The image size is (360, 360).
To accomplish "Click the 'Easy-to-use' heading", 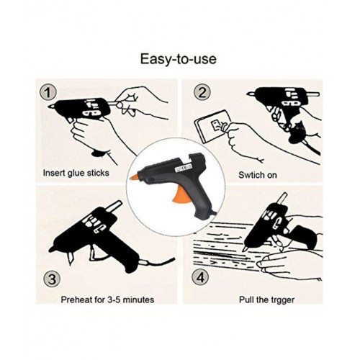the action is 178,59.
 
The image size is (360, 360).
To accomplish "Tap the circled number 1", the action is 48,93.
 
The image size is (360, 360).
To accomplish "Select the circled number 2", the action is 202,92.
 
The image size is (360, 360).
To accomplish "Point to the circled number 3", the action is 52,279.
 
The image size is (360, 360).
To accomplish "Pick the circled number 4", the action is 200,277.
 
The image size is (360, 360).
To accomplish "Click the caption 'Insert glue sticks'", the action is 76,173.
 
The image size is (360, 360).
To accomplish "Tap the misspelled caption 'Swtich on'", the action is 258,175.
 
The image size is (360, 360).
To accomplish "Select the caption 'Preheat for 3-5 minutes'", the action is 107,300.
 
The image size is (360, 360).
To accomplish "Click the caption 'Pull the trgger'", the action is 266,300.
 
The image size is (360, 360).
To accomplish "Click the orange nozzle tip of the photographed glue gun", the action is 134,177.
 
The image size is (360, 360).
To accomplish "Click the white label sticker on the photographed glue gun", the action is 184,166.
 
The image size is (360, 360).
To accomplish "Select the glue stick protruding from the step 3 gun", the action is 114,207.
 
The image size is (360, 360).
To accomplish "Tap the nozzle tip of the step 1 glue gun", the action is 50,106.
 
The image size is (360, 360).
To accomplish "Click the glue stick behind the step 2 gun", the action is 313,94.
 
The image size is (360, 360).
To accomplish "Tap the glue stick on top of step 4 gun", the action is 282,199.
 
